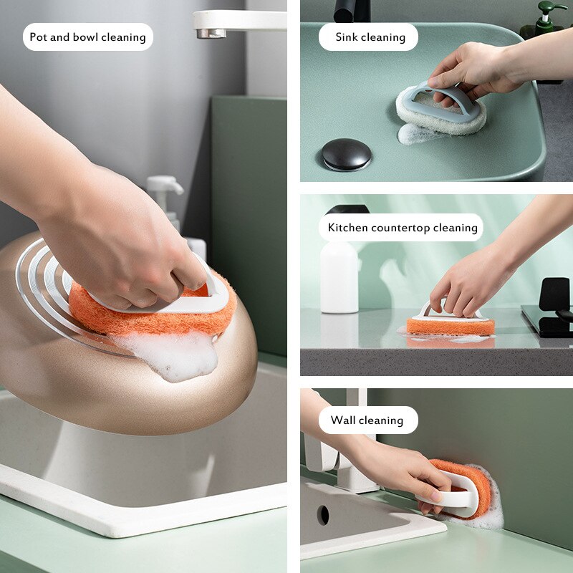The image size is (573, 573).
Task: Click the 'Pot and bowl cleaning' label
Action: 88,37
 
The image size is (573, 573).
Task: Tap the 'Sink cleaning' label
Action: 370,37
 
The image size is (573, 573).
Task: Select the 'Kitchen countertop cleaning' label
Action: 403,228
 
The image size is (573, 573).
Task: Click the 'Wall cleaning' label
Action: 367,420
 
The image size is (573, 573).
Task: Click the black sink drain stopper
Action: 346,153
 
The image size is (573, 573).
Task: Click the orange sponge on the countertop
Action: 451,327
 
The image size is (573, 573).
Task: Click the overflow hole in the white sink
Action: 323,514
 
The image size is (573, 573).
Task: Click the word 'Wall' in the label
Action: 342,420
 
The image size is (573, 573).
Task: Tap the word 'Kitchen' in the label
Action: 348,228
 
